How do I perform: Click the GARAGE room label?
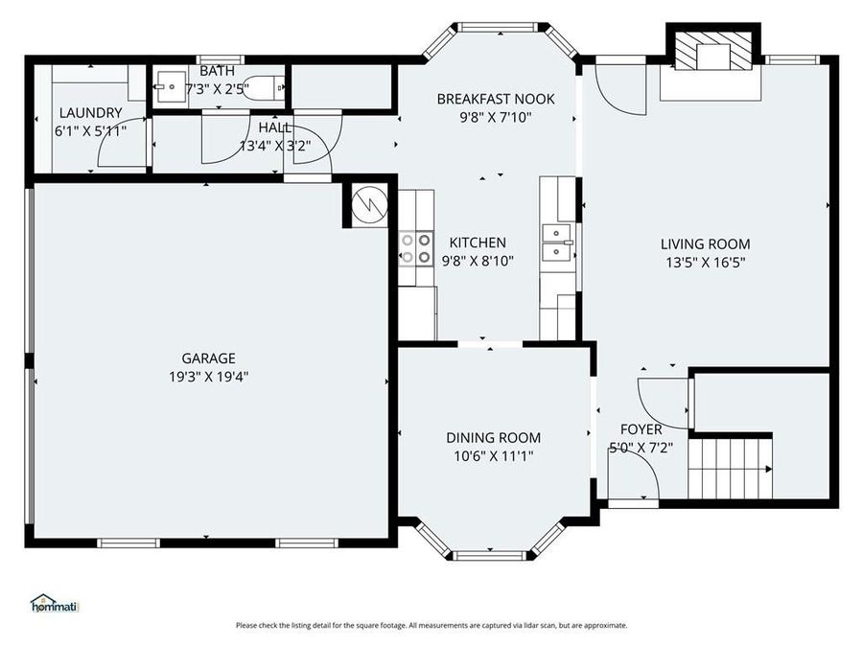point(209,358)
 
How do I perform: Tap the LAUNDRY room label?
point(91,113)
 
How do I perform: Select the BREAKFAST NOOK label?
point(496,99)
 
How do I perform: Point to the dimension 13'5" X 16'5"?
point(706,263)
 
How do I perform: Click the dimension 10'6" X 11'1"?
point(494,456)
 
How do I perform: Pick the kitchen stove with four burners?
point(415,248)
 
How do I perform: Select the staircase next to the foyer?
point(731,468)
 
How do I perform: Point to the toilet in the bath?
point(264,88)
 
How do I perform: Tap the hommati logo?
point(55,604)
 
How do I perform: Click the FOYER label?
point(641,429)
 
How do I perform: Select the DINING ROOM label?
point(494,438)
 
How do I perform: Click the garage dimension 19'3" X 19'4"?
point(209,377)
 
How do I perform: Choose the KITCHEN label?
point(478,243)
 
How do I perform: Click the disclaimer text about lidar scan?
point(432,626)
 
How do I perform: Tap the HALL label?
point(275,127)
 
